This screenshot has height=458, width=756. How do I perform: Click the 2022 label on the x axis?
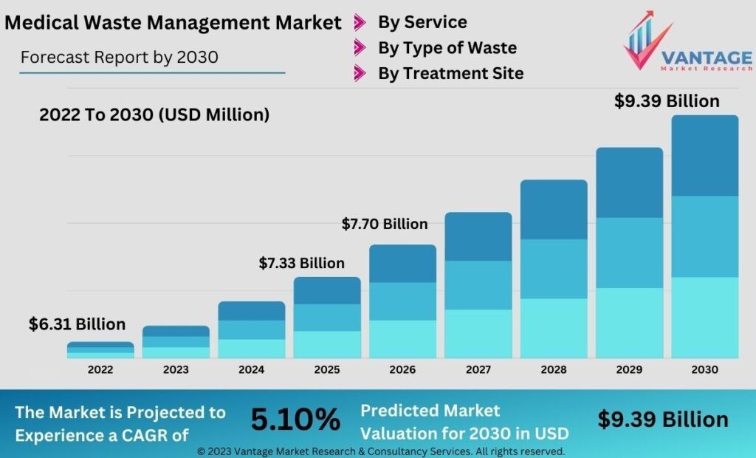pos(100,369)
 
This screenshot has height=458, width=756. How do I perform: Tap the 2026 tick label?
pos(402,369)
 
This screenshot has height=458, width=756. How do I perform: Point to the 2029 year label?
pos(629,369)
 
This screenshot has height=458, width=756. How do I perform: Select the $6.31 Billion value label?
pos(77,324)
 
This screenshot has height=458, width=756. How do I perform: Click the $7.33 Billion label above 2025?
pos(301,263)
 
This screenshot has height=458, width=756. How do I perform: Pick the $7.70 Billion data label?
pos(384,224)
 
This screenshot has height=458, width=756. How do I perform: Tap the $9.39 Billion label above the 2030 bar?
pos(667,101)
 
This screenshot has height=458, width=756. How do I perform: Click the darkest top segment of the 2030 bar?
pos(704,155)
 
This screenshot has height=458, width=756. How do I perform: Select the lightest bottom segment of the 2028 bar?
pos(554,328)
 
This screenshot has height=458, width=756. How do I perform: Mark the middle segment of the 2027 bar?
pos(478,285)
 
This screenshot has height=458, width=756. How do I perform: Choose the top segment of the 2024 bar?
pos(251,311)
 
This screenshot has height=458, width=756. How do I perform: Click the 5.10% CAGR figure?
pos(295,420)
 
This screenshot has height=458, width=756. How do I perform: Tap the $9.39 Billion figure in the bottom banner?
pos(662,420)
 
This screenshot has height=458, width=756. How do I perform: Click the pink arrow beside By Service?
pos(360,22)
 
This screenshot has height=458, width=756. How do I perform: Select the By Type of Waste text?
pos(447,48)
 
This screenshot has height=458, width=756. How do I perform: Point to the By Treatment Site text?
pos(450,73)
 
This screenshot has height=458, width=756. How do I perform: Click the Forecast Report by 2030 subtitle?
pos(120,57)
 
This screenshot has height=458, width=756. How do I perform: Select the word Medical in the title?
pos(38,23)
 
